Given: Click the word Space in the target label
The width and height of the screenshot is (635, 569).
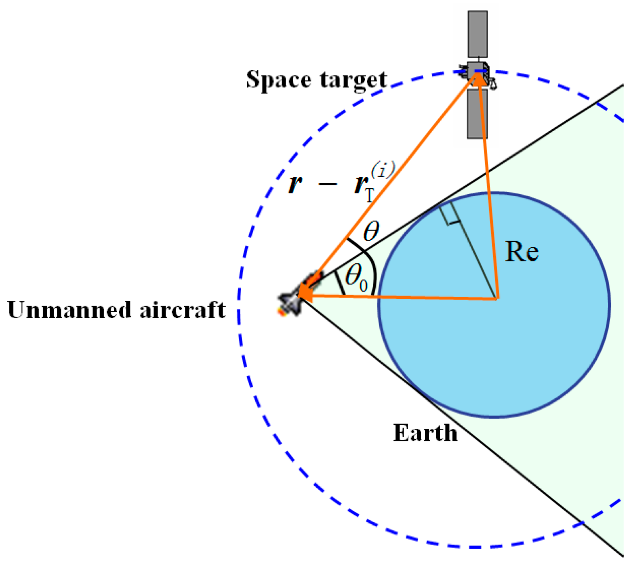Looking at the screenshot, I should click(x=278, y=80).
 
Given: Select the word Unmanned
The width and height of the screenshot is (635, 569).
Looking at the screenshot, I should click(x=69, y=310).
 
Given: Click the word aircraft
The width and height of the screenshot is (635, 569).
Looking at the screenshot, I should click(x=182, y=310).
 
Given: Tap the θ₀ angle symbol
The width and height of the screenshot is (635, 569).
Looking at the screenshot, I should click(x=356, y=278).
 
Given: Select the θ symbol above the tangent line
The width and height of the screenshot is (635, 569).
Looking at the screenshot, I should click(x=371, y=231).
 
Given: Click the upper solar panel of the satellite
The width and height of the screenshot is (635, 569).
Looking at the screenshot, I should click(x=478, y=34).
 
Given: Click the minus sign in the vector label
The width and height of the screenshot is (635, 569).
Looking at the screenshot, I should click(x=328, y=184).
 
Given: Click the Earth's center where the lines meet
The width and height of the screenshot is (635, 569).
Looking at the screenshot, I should click(x=497, y=299).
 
